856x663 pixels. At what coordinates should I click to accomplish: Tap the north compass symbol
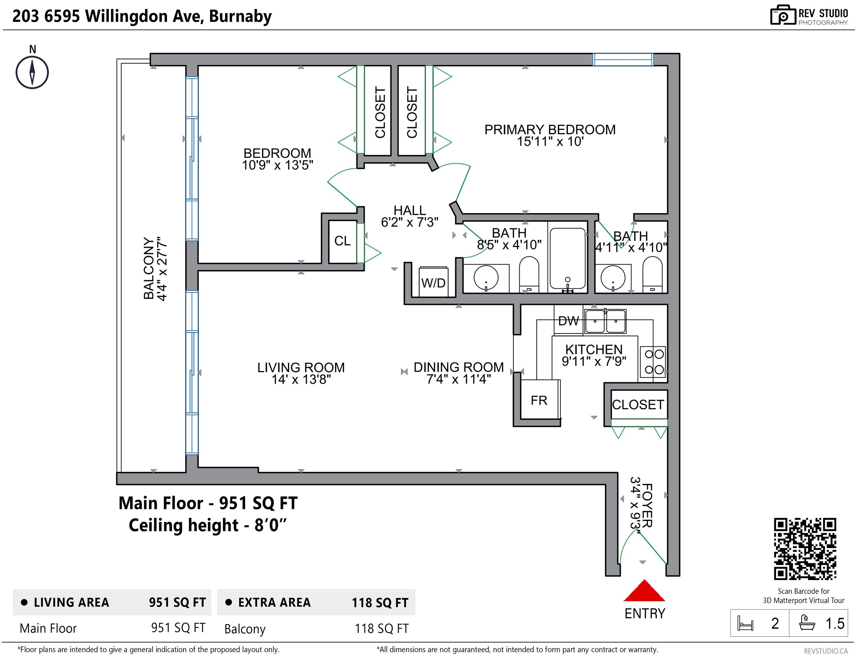[32, 73]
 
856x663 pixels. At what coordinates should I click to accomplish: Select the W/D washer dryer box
[433, 282]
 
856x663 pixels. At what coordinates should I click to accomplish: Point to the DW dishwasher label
[568, 321]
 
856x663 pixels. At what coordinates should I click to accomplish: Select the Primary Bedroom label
[550, 130]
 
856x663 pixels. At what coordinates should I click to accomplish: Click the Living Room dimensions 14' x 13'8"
[301, 380]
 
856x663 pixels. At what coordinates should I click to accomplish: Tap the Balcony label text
[149, 268]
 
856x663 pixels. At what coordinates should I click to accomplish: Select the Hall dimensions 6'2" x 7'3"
[410, 222]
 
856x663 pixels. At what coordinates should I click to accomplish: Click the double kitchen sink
[605, 321]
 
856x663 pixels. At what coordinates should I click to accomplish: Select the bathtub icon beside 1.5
[807, 623]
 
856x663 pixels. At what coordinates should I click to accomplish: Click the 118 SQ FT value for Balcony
[381, 628]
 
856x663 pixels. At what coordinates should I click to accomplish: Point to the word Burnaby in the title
[240, 16]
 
